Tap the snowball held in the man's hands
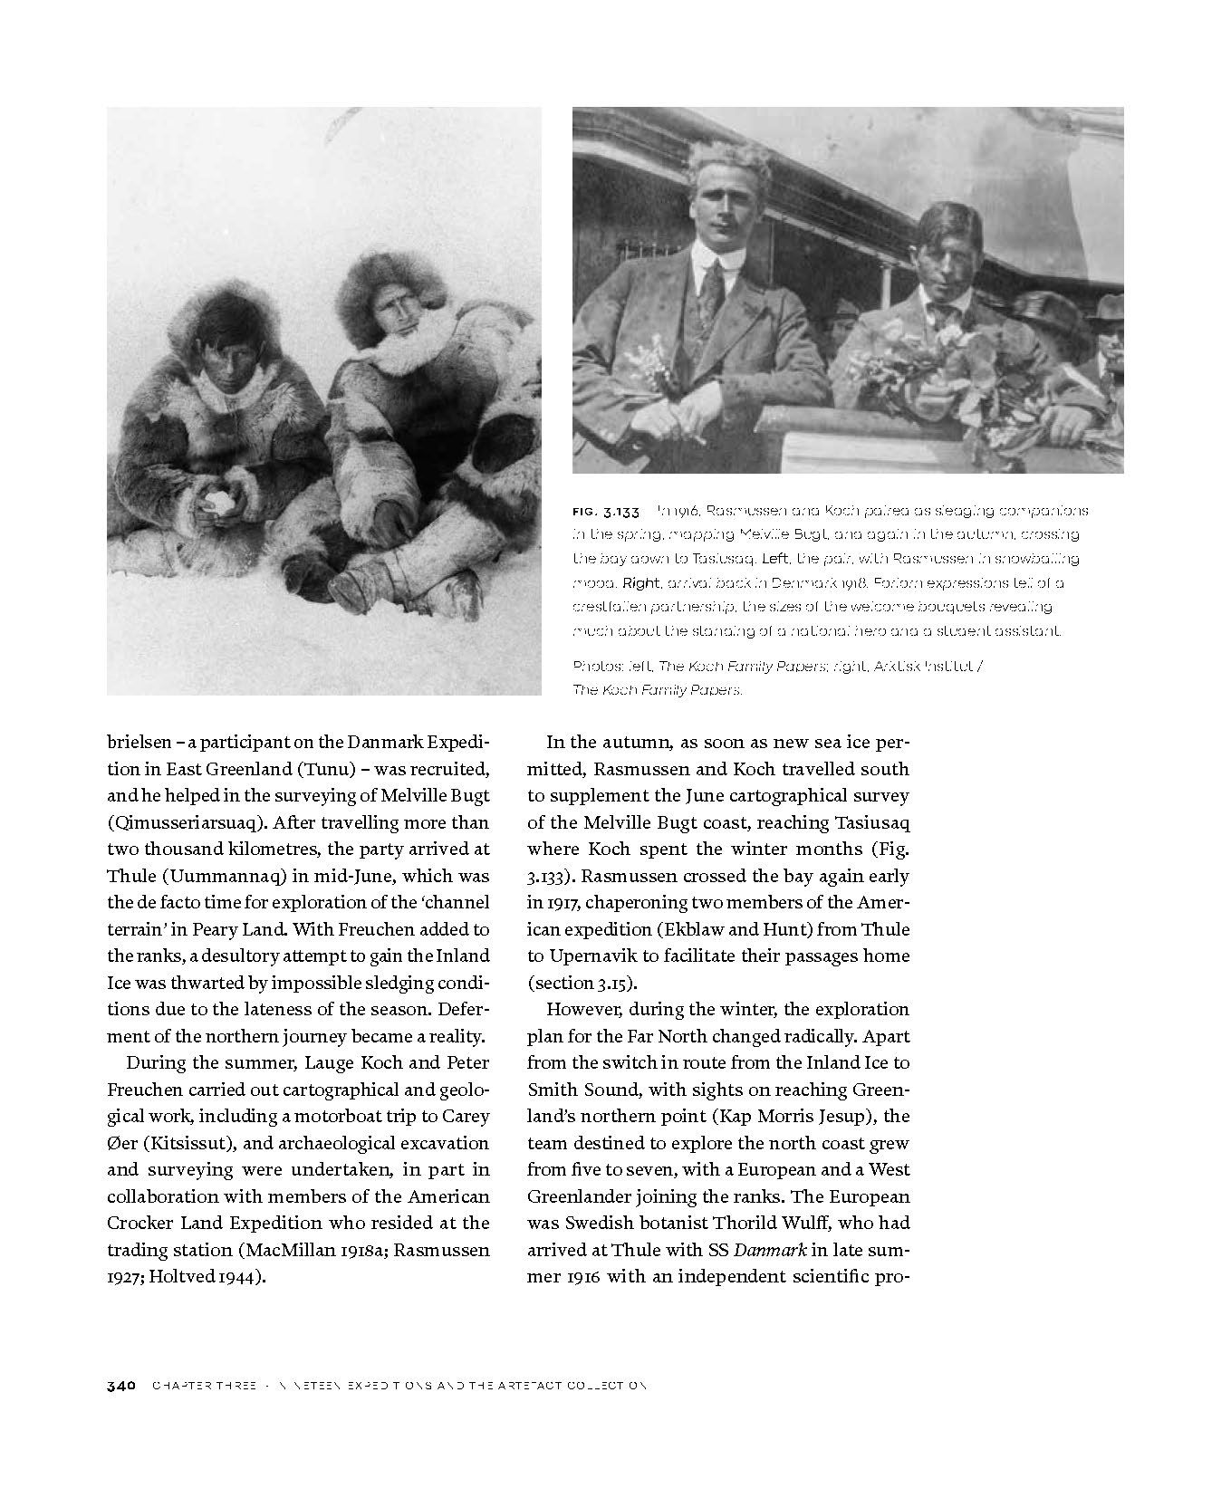pos(216,503)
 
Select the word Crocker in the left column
pos(146,1223)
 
